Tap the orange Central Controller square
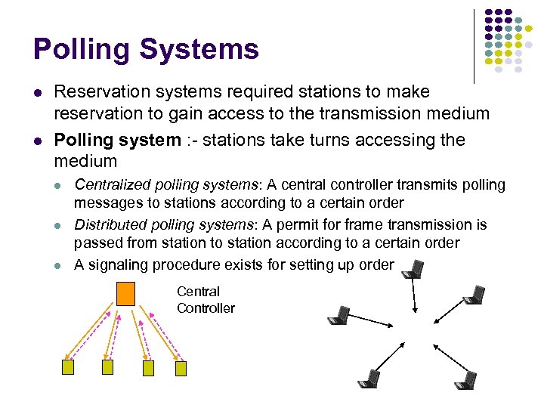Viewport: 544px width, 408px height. click(x=125, y=293)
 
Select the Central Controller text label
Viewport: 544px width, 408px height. click(x=205, y=300)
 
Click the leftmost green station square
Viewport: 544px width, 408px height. click(x=67, y=367)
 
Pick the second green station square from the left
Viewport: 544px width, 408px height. click(x=107, y=367)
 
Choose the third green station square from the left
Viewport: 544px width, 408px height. click(x=149, y=368)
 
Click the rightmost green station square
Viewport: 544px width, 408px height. click(x=181, y=368)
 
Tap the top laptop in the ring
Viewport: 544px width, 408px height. click(x=413, y=269)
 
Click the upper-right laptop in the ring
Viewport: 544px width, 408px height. click(x=474, y=295)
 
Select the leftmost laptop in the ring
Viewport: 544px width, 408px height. click(x=339, y=315)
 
